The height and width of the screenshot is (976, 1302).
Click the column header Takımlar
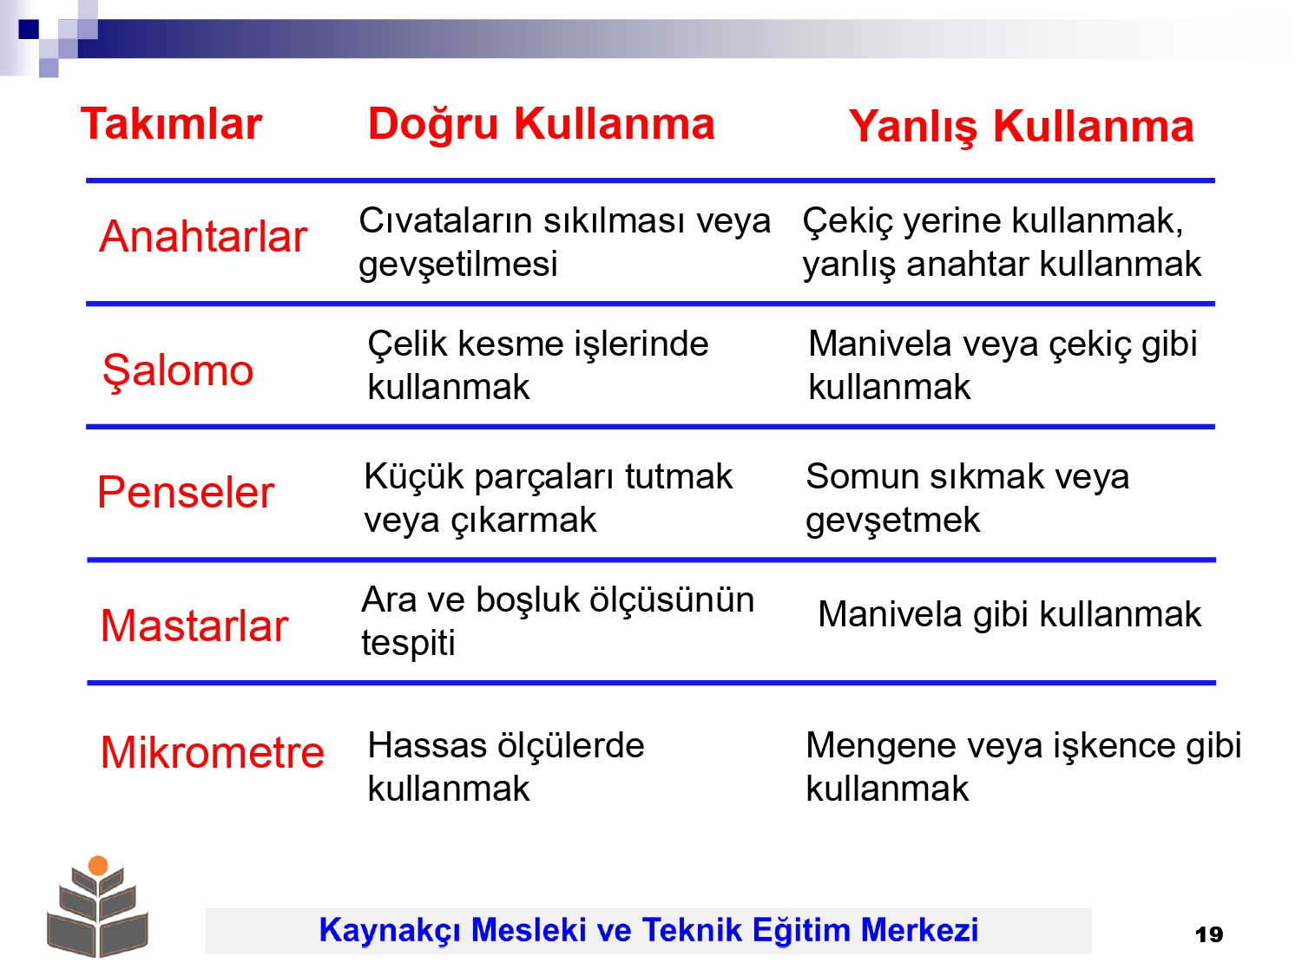171,124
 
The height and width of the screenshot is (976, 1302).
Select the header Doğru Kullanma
541,124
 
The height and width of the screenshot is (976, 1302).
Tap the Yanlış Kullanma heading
1021,126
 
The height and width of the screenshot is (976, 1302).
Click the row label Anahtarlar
203,237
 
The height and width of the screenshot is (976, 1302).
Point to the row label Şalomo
178,371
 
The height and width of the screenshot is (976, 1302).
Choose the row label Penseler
186,493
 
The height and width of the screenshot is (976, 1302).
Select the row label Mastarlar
194,626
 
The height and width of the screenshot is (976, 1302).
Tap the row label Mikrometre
213,752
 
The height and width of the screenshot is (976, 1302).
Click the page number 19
1209,935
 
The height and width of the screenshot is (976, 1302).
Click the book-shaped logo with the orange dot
98,906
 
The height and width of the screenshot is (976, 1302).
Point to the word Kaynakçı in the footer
390,930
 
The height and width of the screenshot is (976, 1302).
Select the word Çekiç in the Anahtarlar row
848,222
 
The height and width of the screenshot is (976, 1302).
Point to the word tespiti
408,643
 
